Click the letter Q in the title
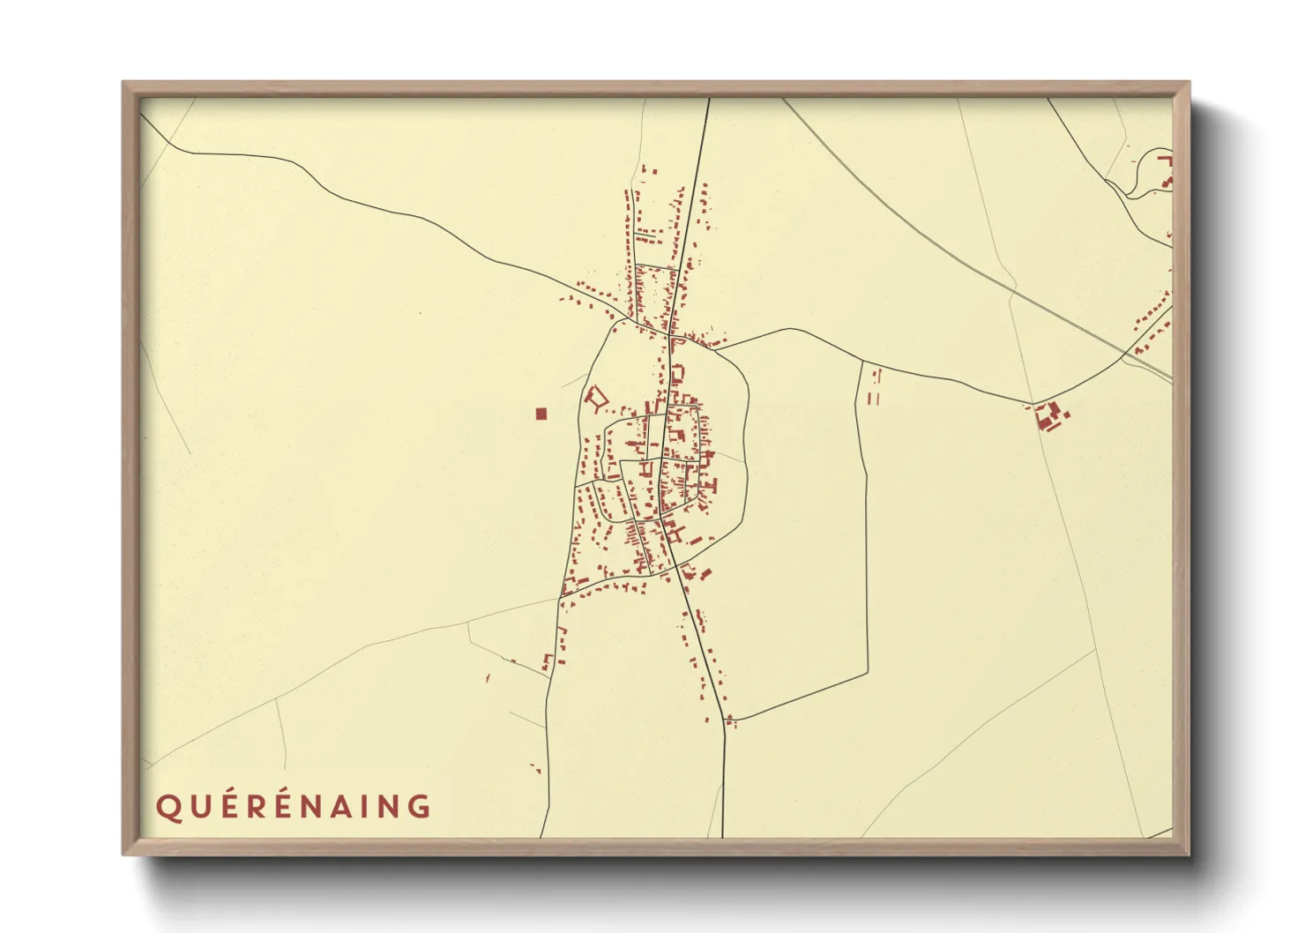pyautogui.click(x=168, y=807)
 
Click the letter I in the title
pyautogui.click(x=371, y=807)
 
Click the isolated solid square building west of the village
pyautogui.click(x=541, y=413)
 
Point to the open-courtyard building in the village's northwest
pyautogui.click(x=596, y=398)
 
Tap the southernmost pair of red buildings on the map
pyautogui.click(x=535, y=768)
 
